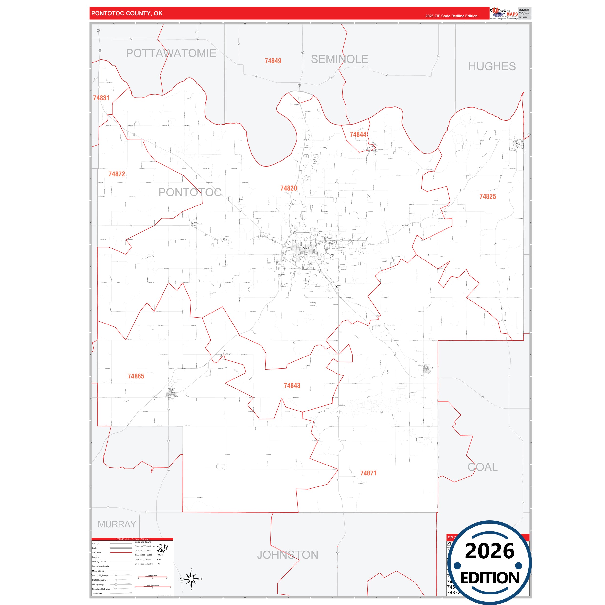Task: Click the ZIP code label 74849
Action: pyautogui.click(x=273, y=61)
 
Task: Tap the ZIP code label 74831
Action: pyautogui.click(x=101, y=98)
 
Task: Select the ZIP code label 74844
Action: pyautogui.click(x=358, y=135)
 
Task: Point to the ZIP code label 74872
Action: pyautogui.click(x=117, y=174)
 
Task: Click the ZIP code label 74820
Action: pyautogui.click(x=288, y=188)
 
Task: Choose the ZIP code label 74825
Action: pyautogui.click(x=487, y=197)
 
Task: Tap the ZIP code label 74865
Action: pyautogui.click(x=136, y=376)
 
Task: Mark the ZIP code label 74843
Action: pyautogui.click(x=292, y=386)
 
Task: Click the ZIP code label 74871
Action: pyautogui.click(x=368, y=473)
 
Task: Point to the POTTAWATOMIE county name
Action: pyautogui.click(x=171, y=53)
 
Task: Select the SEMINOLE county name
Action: pyautogui.click(x=339, y=59)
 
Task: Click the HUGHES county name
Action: pyautogui.click(x=492, y=66)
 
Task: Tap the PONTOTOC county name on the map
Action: pyautogui.click(x=190, y=192)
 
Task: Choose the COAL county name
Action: pyautogui.click(x=483, y=467)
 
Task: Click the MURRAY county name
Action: pyautogui.click(x=117, y=524)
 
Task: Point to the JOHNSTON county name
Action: pyautogui.click(x=287, y=555)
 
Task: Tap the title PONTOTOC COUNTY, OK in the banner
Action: pyautogui.click(x=127, y=13)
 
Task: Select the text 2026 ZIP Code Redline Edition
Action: pyautogui.click(x=451, y=16)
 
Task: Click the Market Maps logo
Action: pyautogui.click(x=504, y=14)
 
